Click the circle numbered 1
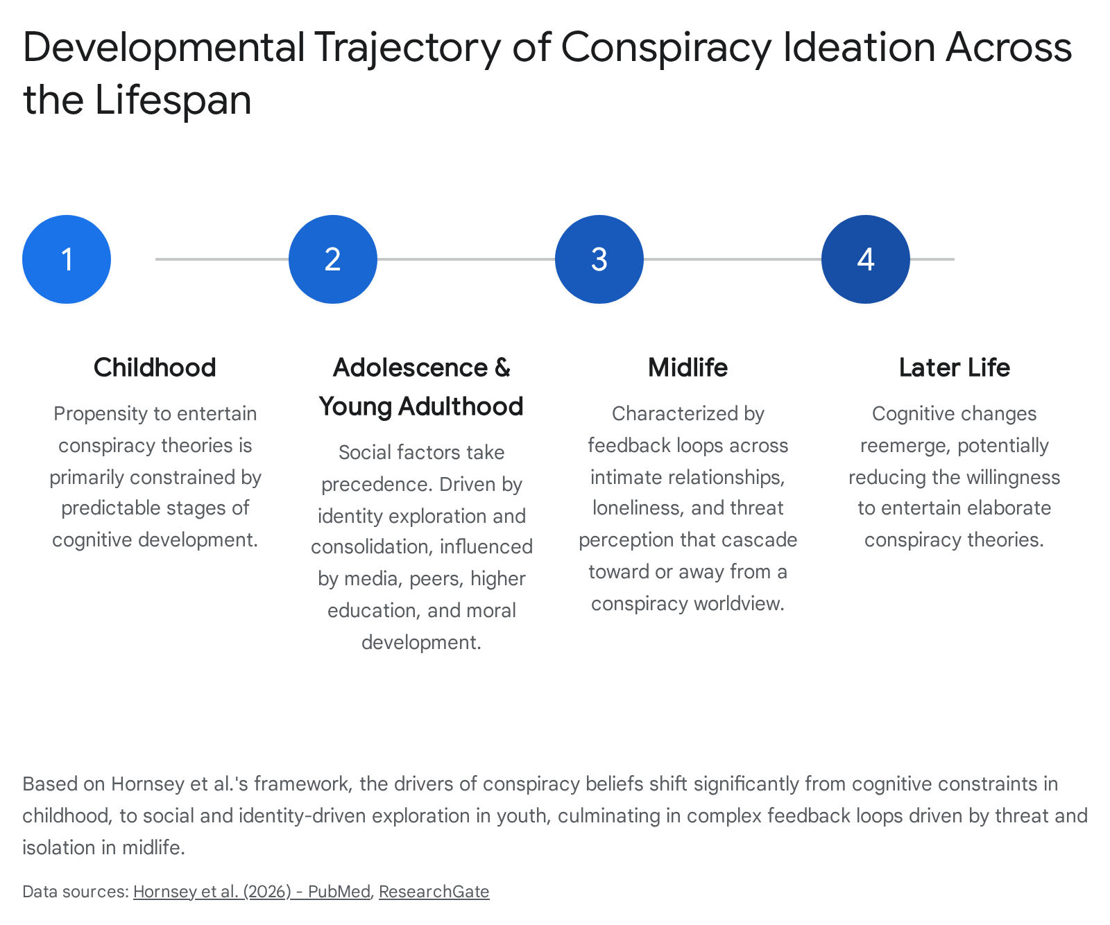pyautogui.click(x=67, y=259)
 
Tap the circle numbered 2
pyautogui.click(x=333, y=259)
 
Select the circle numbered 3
pyautogui.click(x=599, y=259)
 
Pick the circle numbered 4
pyautogui.click(x=866, y=259)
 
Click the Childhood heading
pyautogui.click(x=155, y=368)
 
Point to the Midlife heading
pyautogui.click(x=688, y=368)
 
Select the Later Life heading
pyautogui.click(x=955, y=368)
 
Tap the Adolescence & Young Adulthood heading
pyautogui.click(x=421, y=387)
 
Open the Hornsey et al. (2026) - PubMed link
pyautogui.click(x=252, y=892)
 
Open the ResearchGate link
pyautogui.click(x=434, y=892)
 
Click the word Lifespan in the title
pyautogui.click(x=173, y=101)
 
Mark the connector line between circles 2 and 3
pyautogui.click(x=466, y=259)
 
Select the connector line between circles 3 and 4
pyautogui.click(x=733, y=259)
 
